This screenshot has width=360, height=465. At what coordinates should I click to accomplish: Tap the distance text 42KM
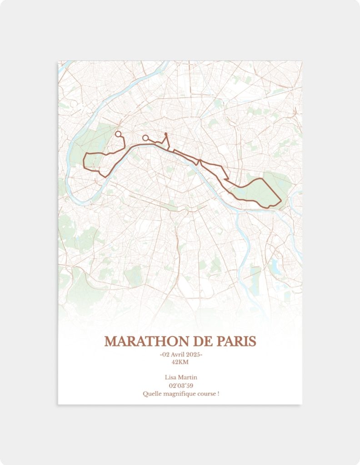coord(180,362)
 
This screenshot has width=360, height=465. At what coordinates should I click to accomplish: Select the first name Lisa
coord(171,377)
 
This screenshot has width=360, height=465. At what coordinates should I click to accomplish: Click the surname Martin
coord(188,377)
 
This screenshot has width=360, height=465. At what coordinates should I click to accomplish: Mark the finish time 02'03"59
coord(180,386)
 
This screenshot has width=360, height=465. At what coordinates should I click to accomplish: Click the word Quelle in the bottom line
coord(151,394)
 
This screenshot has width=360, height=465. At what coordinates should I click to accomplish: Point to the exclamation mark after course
coord(218,394)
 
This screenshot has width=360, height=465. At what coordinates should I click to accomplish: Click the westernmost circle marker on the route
coord(118,134)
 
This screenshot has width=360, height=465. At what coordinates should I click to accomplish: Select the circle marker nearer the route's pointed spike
coord(145,138)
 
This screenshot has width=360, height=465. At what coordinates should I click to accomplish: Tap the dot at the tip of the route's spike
coord(166,134)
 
